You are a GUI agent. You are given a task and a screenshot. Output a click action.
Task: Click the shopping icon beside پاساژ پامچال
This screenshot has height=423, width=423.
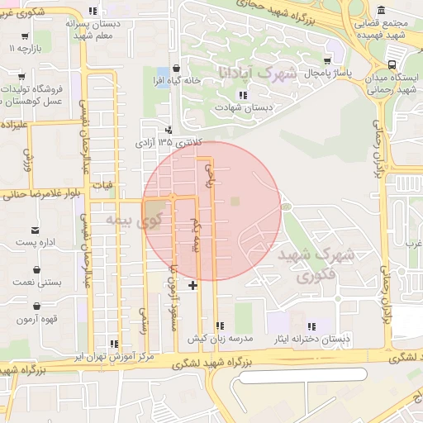coord(328,61)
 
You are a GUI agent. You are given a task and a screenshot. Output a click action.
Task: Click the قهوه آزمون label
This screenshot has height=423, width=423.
coord(39,319)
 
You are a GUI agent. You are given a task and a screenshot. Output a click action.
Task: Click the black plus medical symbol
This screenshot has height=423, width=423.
coord(193,285)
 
